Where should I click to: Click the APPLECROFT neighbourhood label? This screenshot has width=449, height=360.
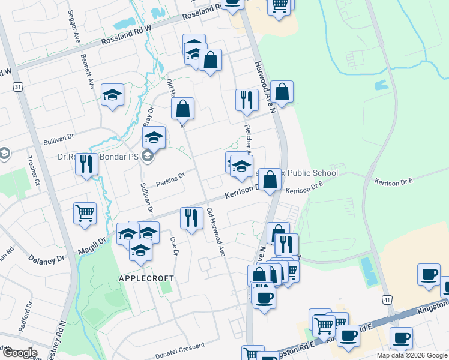pos(146,278)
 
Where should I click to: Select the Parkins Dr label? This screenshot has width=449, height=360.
pos(169,178)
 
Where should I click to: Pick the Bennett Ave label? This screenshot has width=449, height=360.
pos(87,69)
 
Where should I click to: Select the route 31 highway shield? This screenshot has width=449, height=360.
pos(19,87)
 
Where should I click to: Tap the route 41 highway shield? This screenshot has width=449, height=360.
pos(387,299)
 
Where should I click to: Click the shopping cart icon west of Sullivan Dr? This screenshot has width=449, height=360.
pos(85,213)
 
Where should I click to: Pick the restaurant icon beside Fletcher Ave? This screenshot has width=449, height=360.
pos(246,100)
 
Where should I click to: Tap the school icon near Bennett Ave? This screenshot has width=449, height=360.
pos(112,95)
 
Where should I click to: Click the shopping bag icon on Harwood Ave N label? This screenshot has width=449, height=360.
pos(281,92)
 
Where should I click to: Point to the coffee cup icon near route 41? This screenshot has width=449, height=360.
pos(429,275)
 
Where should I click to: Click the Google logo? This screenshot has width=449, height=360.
pos(19,352)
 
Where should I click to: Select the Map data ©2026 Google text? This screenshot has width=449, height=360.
pos(412,355)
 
